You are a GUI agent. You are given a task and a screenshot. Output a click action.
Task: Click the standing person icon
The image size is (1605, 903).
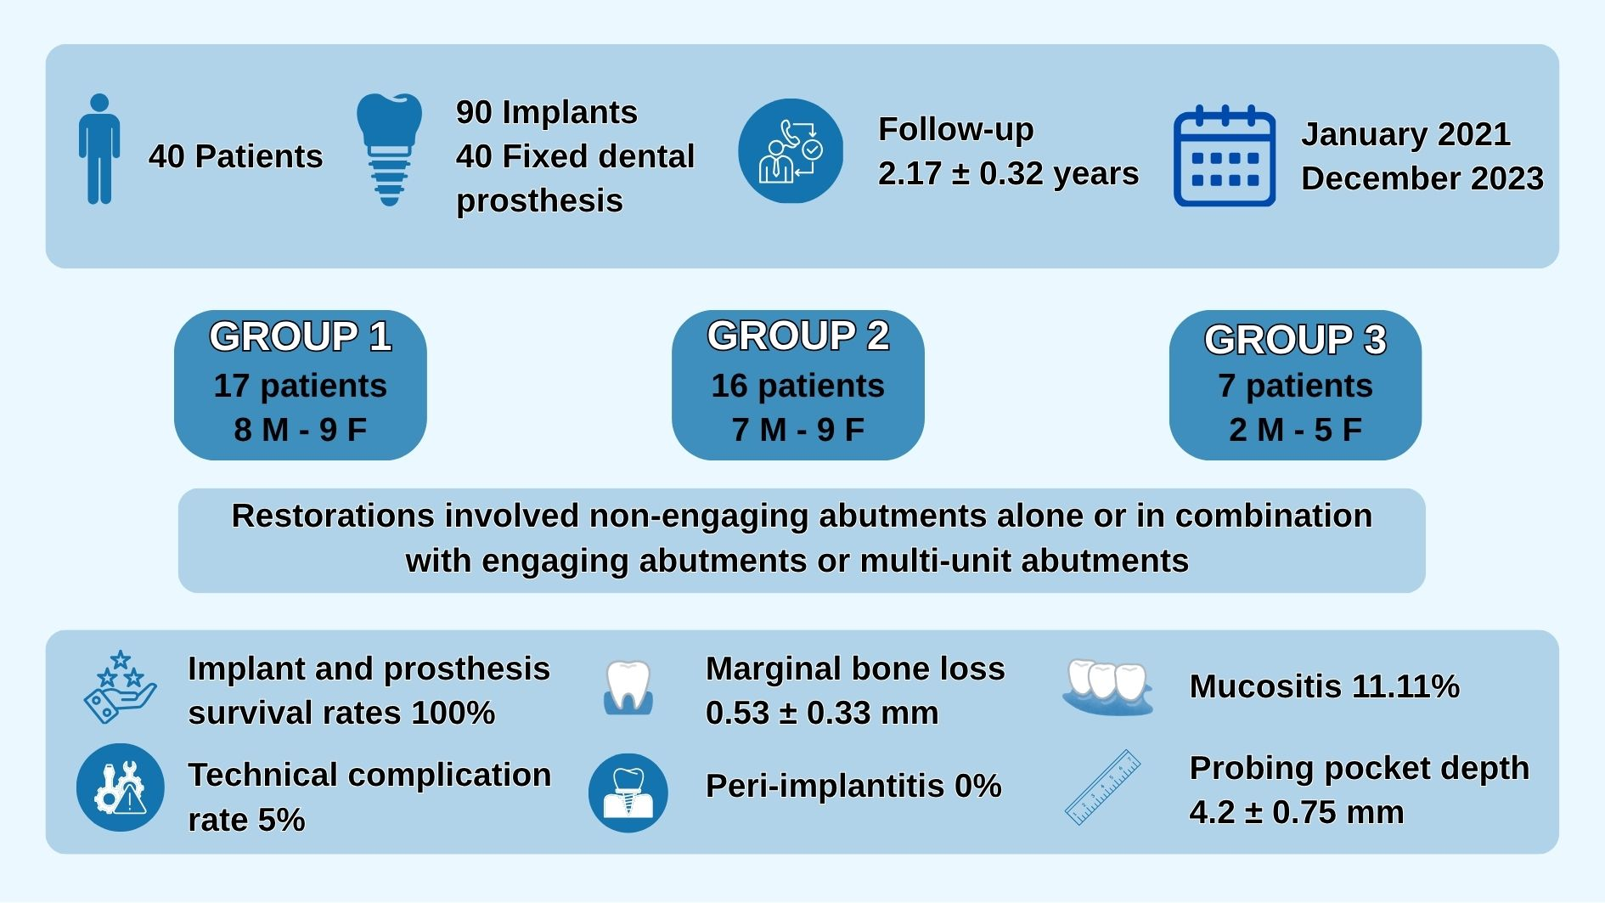point(99,149)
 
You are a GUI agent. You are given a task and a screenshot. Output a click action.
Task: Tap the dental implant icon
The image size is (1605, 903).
point(389,149)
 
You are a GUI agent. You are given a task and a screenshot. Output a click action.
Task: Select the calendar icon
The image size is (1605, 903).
point(1224,156)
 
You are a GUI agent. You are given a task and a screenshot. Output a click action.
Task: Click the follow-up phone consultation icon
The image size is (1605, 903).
point(791,151)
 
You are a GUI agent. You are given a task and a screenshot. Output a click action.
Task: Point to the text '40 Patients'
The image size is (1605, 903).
point(235,156)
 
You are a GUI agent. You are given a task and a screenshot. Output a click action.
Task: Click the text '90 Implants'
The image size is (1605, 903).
point(546,112)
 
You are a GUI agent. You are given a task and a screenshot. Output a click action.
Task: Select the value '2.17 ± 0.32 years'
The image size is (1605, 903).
point(1008,173)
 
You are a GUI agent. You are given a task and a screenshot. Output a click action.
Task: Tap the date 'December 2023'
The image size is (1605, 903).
point(1422,178)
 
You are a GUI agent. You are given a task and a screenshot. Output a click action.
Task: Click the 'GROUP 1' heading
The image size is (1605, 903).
point(300,336)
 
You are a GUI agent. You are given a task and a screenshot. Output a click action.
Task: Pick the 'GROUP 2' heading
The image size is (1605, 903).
point(797,336)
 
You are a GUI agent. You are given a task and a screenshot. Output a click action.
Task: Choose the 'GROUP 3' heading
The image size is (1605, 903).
point(1295,340)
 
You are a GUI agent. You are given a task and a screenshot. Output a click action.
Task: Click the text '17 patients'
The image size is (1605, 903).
point(300,386)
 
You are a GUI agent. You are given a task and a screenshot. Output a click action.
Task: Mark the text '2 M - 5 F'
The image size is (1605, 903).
point(1295,430)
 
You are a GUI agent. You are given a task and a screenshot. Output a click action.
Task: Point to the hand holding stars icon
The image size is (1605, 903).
point(120,687)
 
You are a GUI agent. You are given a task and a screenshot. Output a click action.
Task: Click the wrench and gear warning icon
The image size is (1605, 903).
point(120,787)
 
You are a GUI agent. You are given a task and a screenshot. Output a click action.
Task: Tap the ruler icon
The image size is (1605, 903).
point(1102,787)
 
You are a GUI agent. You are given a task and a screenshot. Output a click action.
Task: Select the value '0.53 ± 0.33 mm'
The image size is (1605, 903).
point(821,713)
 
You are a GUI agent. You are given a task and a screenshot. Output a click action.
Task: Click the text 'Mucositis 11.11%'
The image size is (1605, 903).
point(1324,686)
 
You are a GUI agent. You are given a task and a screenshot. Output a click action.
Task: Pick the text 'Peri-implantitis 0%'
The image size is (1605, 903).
point(853,786)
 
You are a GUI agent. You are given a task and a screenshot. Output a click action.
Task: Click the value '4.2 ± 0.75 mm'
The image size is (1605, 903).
point(1296,812)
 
